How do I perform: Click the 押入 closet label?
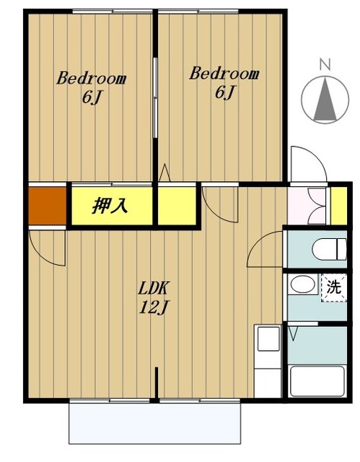(110, 205)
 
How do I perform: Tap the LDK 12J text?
(154, 297)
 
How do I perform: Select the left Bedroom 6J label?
(91, 87)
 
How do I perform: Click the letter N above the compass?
(325, 64)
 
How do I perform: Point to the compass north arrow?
(325, 99)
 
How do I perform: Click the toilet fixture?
(330, 249)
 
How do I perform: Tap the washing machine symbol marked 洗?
(334, 287)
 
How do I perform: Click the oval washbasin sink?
(302, 284)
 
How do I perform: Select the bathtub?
(317, 381)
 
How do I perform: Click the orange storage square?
(47, 206)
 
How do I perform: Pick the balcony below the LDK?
(155, 423)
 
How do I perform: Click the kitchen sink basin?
(268, 339)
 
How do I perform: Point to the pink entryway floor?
(307, 206)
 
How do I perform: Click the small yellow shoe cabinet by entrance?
(338, 206)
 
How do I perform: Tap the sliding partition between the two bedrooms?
(155, 97)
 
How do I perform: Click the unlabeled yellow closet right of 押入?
(177, 206)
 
